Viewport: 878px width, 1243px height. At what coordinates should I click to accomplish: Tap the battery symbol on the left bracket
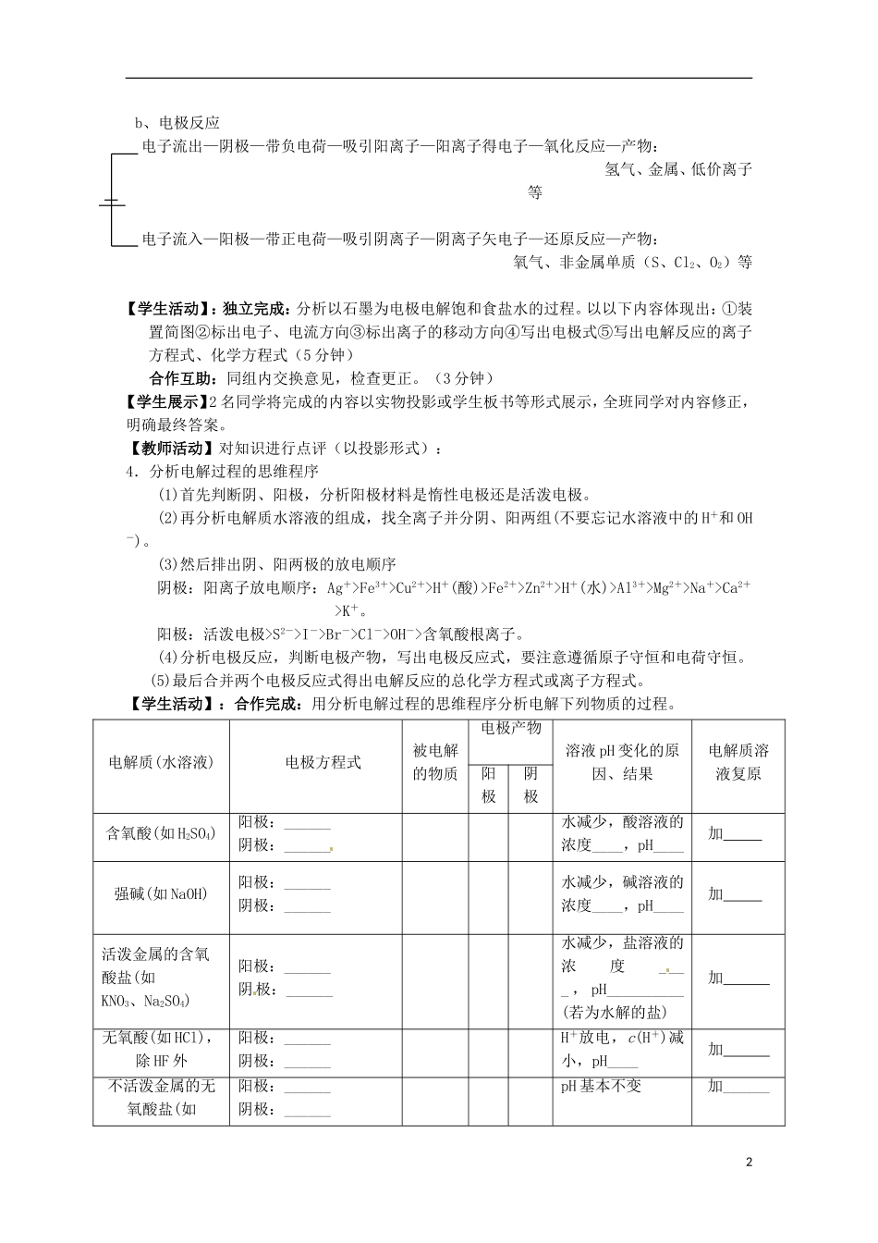(112, 203)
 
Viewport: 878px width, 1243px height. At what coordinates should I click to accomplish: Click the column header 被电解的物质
(435, 762)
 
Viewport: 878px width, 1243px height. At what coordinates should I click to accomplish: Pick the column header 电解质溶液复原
(738, 762)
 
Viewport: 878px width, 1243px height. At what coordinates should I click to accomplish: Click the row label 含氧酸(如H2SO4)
(161, 833)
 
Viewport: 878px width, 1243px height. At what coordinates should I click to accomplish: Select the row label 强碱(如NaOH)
(161, 893)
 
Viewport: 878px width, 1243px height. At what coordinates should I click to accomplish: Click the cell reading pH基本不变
(601, 1086)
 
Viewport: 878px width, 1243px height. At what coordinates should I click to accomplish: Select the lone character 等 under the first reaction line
(534, 192)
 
